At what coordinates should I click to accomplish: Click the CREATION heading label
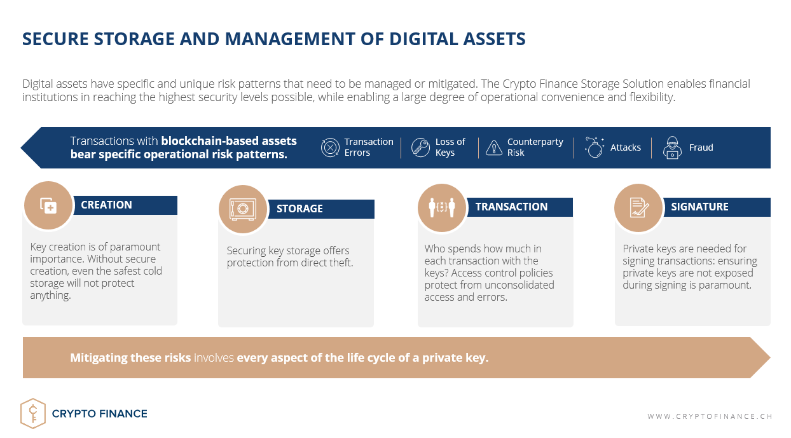106,205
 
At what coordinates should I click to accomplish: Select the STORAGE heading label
299,209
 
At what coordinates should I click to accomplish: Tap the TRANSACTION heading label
511,207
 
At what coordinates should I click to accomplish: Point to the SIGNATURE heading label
699,207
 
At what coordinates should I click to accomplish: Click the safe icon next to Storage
243,209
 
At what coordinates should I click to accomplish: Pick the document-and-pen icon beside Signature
639,207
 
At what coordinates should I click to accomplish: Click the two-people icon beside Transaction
441,207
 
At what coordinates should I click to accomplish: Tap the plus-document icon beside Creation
48,206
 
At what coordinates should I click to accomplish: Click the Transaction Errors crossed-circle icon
330,147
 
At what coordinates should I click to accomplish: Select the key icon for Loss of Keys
420,147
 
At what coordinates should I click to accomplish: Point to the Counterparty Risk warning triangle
493,147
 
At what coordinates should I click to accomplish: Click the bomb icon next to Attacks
594,147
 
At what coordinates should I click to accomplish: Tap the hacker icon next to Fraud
672,147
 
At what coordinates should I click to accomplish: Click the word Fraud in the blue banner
701,147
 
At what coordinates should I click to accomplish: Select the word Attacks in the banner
626,147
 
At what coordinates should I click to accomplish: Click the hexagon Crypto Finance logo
33,413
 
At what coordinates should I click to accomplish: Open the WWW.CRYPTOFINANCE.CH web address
710,416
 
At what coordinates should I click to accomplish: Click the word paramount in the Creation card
135,247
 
